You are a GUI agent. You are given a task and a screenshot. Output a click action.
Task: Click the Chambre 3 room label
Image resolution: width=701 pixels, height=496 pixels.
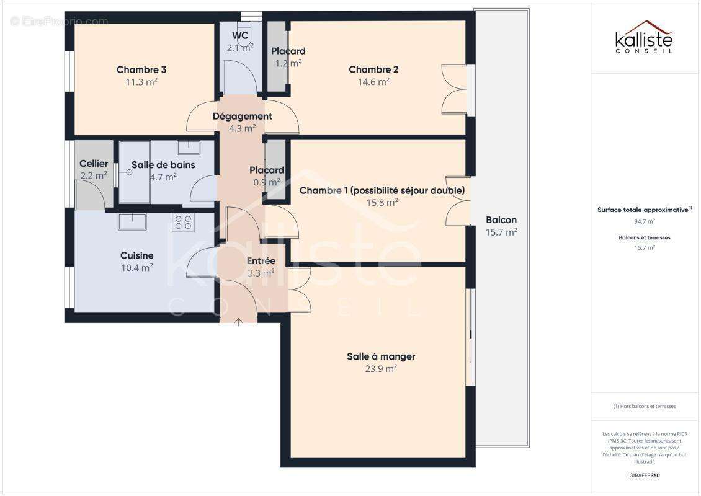point(141,69)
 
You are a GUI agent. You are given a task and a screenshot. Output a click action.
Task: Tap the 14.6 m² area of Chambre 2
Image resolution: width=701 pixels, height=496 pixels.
point(373,81)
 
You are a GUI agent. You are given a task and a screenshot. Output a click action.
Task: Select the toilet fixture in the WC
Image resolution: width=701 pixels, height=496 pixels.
point(246,45)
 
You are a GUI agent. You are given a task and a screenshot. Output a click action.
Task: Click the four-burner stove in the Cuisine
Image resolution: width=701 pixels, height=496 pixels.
point(183,223)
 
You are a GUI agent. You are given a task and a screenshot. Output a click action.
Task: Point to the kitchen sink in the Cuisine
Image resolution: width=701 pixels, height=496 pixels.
point(132,221)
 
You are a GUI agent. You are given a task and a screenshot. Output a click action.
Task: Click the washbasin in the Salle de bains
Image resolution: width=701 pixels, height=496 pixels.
point(187,148)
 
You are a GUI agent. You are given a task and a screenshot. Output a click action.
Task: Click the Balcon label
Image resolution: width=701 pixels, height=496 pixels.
point(501,220)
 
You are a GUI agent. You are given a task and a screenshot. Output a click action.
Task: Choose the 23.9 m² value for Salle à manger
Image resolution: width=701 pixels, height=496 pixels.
point(381,368)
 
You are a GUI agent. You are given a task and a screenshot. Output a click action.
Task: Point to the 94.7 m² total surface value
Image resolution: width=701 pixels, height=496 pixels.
point(644,221)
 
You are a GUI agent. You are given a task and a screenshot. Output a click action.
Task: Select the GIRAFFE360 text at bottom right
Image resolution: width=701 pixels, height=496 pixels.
point(644,476)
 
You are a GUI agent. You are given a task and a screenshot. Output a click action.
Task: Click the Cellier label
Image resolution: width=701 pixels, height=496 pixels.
point(94,164)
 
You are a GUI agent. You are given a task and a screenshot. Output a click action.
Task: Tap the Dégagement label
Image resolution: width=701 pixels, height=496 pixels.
point(242,117)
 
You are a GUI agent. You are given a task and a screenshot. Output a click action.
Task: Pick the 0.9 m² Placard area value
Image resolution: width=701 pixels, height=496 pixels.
point(267,182)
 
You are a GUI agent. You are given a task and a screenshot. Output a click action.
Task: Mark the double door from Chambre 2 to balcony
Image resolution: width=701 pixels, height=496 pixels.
point(454,89)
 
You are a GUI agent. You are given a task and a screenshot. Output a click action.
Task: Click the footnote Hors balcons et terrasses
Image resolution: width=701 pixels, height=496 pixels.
point(644,406)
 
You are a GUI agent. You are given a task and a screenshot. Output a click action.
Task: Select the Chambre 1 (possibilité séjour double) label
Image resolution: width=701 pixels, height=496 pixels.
point(382,190)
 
